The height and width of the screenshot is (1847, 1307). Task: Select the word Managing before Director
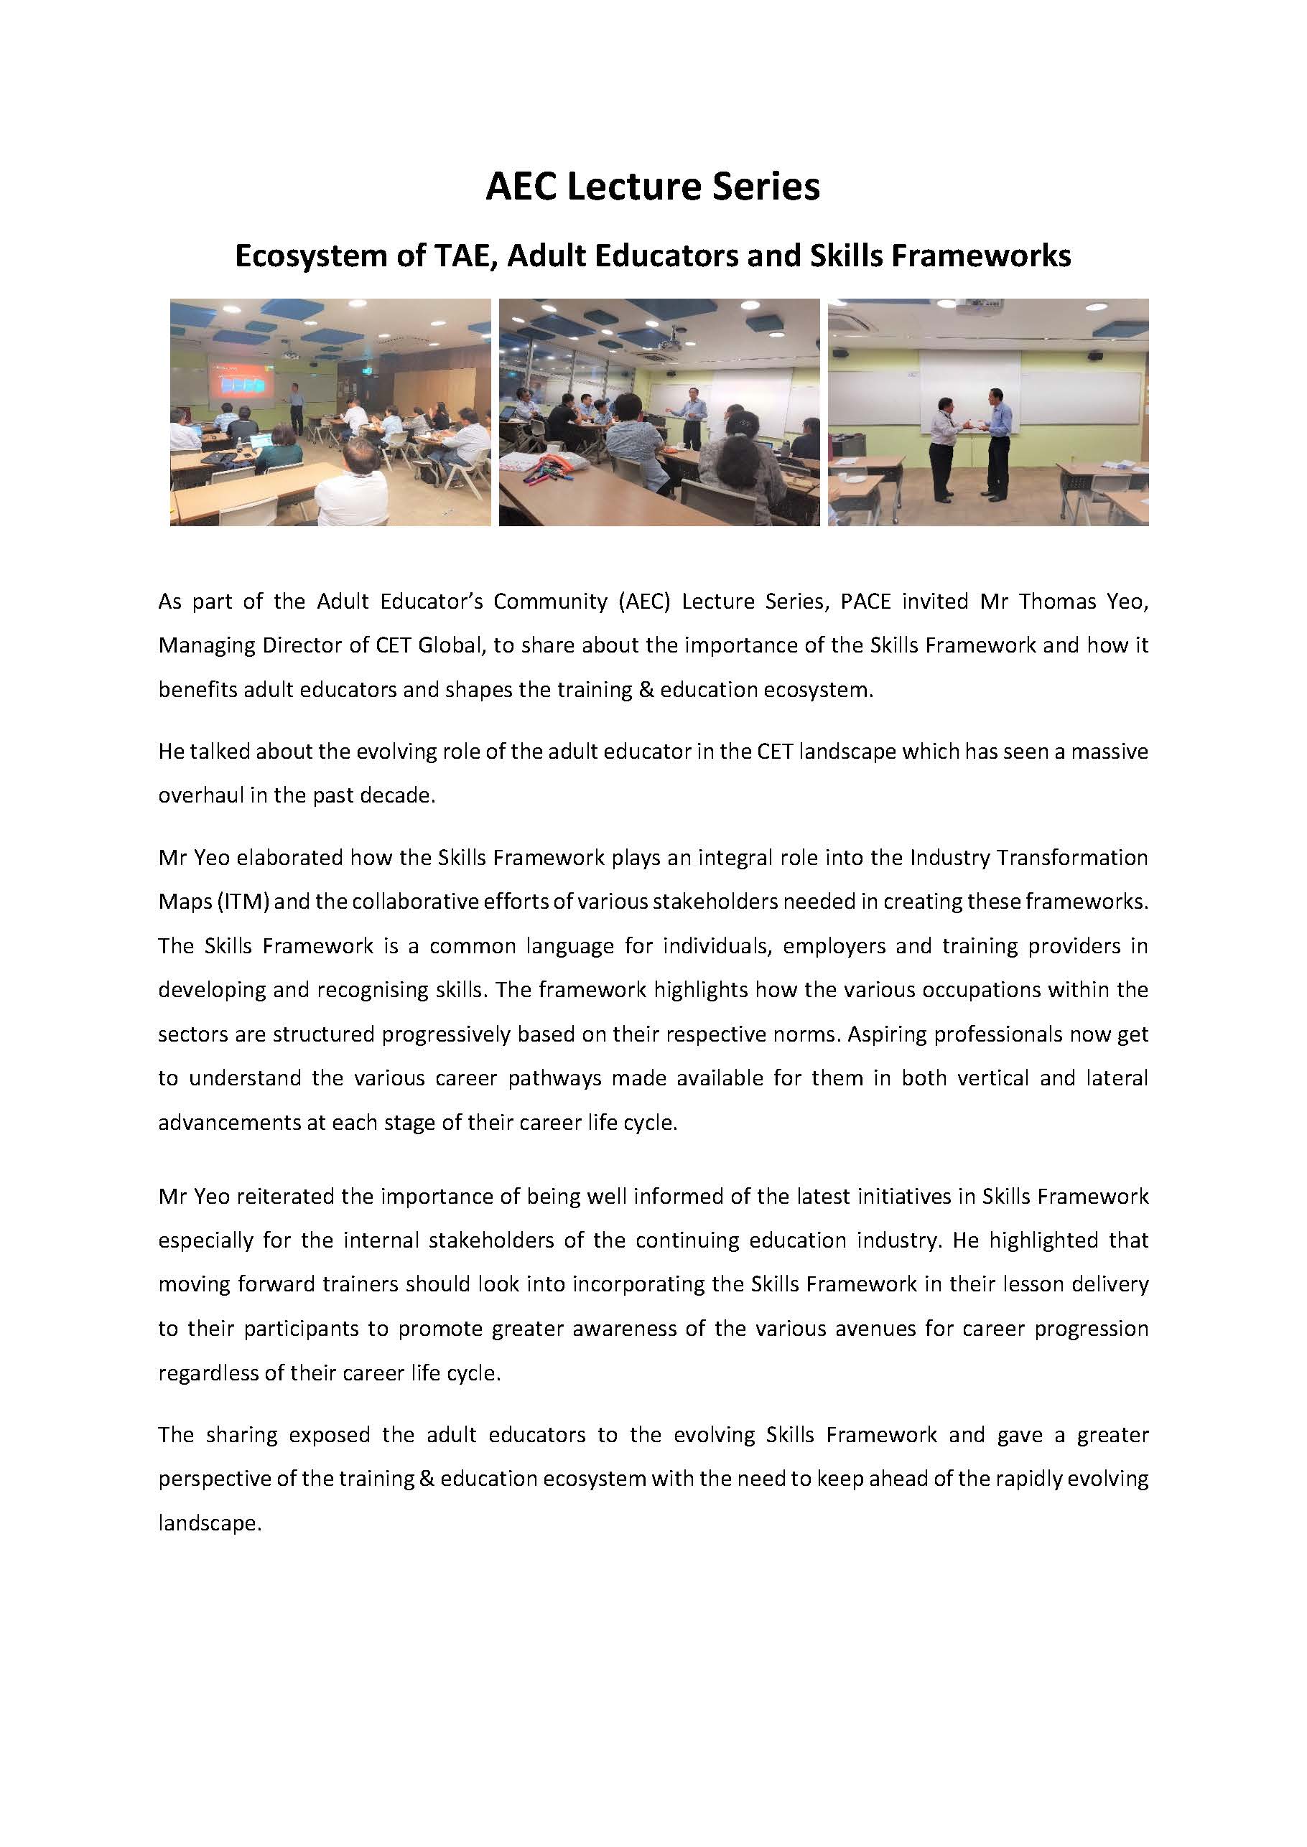[x=201, y=646]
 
